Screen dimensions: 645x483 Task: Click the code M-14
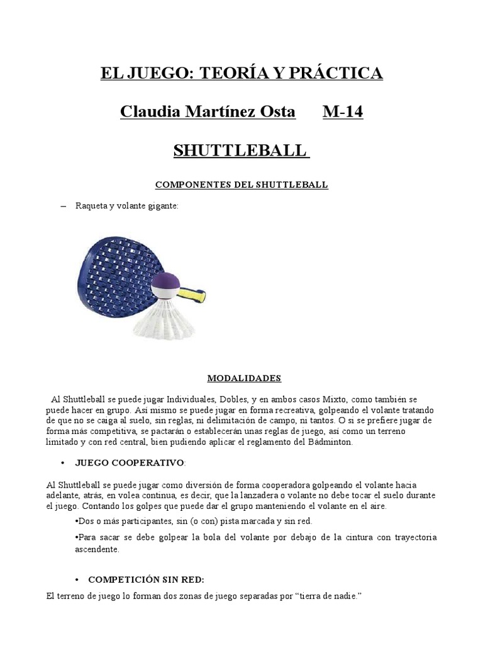[343, 112]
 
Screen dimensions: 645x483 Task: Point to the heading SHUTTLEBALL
[241, 151]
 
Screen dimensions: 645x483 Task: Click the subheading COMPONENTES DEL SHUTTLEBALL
[241, 185]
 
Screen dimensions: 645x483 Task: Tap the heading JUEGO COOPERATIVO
[130, 462]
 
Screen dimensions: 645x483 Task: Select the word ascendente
[94, 549]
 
